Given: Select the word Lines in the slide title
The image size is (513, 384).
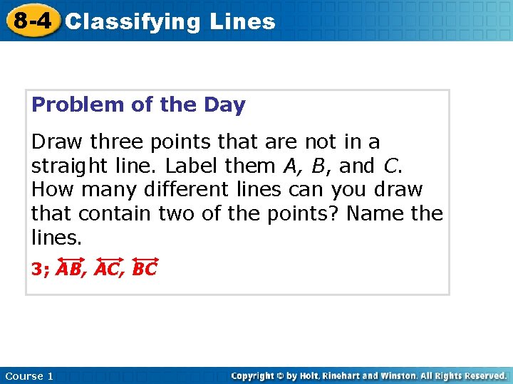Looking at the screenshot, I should [242, 21].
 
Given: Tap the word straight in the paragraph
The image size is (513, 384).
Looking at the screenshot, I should [76, 166].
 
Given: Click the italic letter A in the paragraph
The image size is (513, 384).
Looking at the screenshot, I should [289, 166].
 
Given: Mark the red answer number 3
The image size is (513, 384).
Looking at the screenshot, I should [36, 270].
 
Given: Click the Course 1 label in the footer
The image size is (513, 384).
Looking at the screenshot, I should [28, 375].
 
